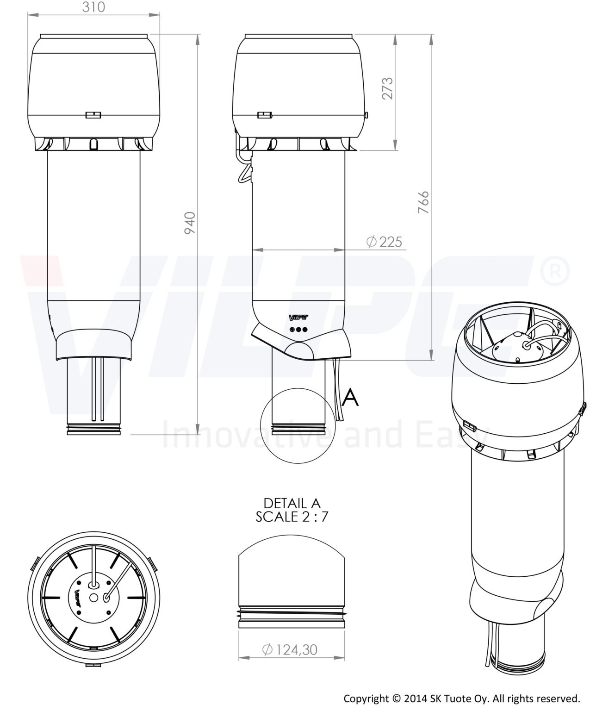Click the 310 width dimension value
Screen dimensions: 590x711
(93, 7)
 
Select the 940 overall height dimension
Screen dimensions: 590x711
(190, 223)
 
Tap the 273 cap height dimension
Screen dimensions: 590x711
(387, 88)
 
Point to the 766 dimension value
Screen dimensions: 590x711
(423, 202)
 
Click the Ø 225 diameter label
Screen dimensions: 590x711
(384, 242)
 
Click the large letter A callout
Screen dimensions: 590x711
(350, 397)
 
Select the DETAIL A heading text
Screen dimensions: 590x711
(292, 503)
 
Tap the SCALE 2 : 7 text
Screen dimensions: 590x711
(292, 517)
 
